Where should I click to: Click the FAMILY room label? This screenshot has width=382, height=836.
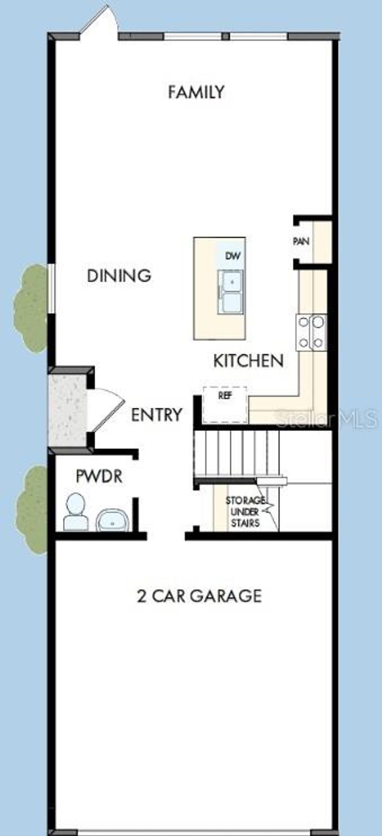(x=196, y=92)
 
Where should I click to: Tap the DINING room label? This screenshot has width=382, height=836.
(x=119, y=276)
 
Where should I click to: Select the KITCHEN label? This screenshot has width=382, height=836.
(x=248, y=361)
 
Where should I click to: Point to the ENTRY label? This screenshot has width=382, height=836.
(x=157, y=415)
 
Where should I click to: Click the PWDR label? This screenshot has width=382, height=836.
(x=99, y=476)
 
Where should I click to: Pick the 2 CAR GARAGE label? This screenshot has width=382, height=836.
(x=199, y=596)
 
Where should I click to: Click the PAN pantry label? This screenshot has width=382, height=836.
(x=301, y=241)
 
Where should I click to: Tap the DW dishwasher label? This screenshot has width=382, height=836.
(x=233, y=256)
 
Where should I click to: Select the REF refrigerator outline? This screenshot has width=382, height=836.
(x=225, y=405)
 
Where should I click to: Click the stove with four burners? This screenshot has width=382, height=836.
(x=311, y=332)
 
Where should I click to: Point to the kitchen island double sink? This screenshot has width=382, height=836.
(x=231, y=292)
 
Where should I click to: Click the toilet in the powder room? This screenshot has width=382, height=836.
(x=76, y=512)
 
